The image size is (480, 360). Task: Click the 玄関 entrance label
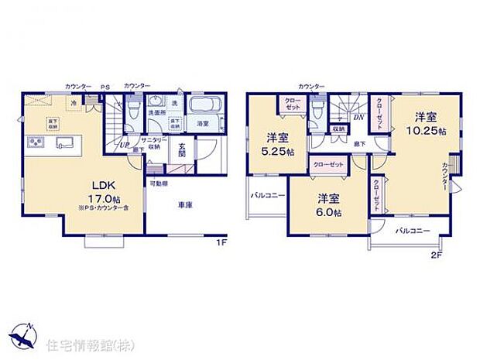(x=178, y=149)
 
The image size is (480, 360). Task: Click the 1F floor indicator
(x=220, y=242)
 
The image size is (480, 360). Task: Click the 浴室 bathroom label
(x=203, y=123)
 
